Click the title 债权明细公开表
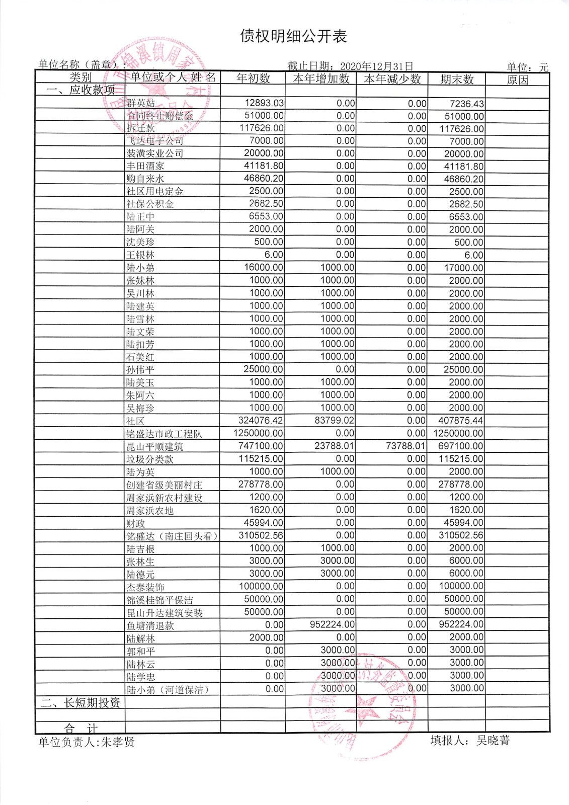pos(294,36)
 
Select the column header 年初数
pos(253,78)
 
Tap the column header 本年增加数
pos(321,78)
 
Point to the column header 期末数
pos(457,79)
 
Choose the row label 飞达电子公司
pos(154,141)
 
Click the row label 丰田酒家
pos(145,166)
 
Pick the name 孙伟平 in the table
pos(140,370)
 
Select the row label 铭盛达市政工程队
pos(164,433)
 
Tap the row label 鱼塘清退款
pos(150,625)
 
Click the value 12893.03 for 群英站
pos(264,103)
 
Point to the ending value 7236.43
pos(467,104)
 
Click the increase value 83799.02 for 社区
pos(335,421)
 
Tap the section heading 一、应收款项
pos(80,91)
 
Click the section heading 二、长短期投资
pos(80,703)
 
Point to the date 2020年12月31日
pos(376,66)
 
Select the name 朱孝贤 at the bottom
pos(118,742)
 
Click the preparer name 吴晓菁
pos(493,740)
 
